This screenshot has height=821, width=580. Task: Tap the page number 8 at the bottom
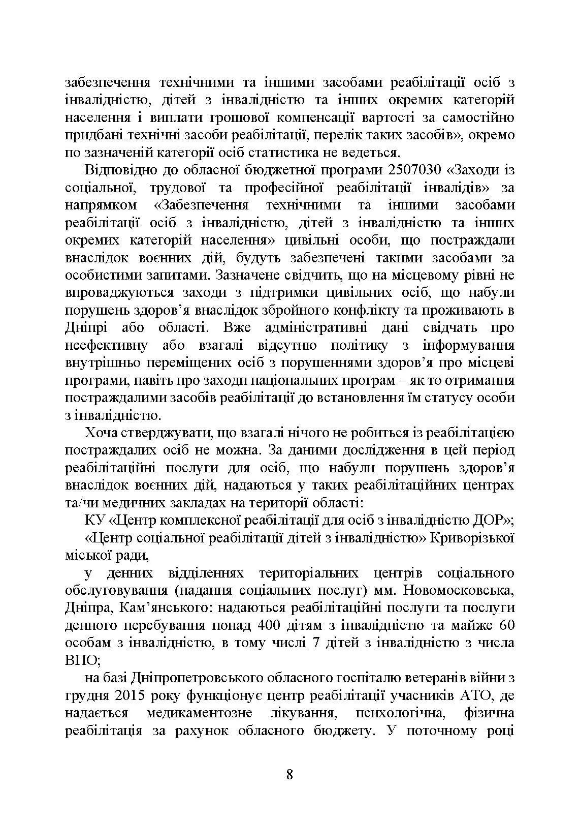click(x=289, y=774)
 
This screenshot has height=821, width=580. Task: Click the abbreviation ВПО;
click(x=84, y=660)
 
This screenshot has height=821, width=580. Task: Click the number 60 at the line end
click(x=506, y=625)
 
